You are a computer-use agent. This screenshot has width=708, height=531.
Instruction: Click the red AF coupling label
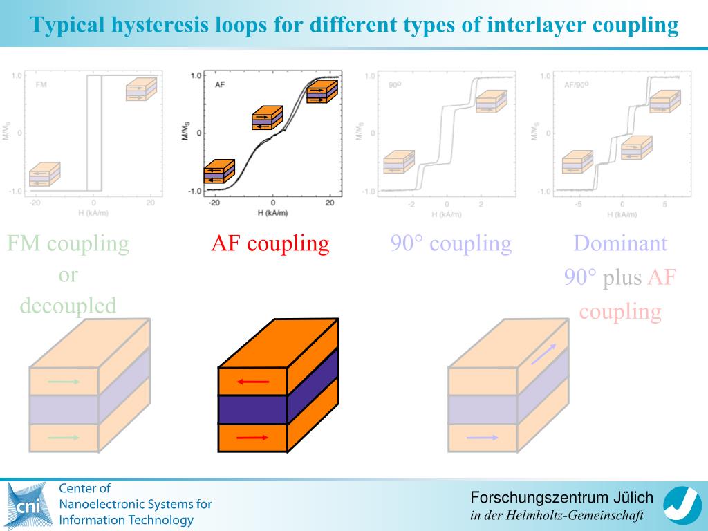pos(270,243)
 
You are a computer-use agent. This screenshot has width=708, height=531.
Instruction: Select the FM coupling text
pos(68,243)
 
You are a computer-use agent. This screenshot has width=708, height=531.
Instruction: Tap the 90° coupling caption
pos(451,243)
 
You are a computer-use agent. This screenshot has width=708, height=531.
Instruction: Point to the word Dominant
pos(620,243)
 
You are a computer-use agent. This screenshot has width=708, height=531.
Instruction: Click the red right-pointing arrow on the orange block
pos(252,437)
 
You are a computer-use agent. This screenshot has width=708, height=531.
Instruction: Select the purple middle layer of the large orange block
pos(252,409)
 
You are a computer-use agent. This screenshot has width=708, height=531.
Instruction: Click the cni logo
pos(28,505)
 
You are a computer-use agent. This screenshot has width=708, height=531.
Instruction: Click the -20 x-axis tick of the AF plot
pos(214,203)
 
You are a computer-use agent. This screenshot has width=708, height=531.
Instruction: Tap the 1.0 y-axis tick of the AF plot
pos(196,75)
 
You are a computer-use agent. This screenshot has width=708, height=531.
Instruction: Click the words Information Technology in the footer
pos(127,521)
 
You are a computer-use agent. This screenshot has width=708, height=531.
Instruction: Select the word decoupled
pos(68,306)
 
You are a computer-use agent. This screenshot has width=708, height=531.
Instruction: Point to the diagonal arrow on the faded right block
pos(542,355)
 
